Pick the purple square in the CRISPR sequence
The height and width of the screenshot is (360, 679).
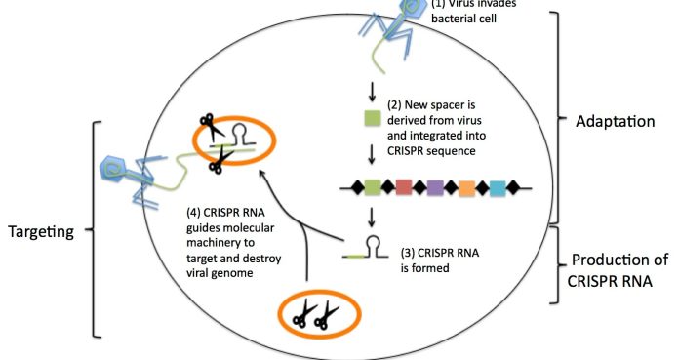point(435,185)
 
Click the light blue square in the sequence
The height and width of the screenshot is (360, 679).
point(498,185)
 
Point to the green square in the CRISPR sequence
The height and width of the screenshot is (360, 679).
point(372,185)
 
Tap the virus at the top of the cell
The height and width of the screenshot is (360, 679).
point(395,24)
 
